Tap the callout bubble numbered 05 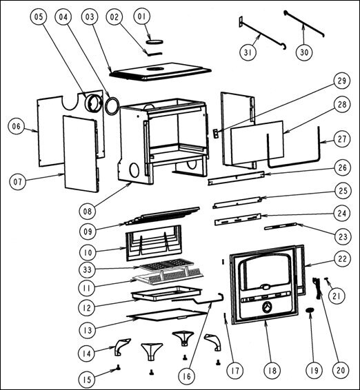[39, 15]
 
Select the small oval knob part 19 [309, 313]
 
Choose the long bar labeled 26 [237, 178]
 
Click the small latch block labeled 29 [215, 134]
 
